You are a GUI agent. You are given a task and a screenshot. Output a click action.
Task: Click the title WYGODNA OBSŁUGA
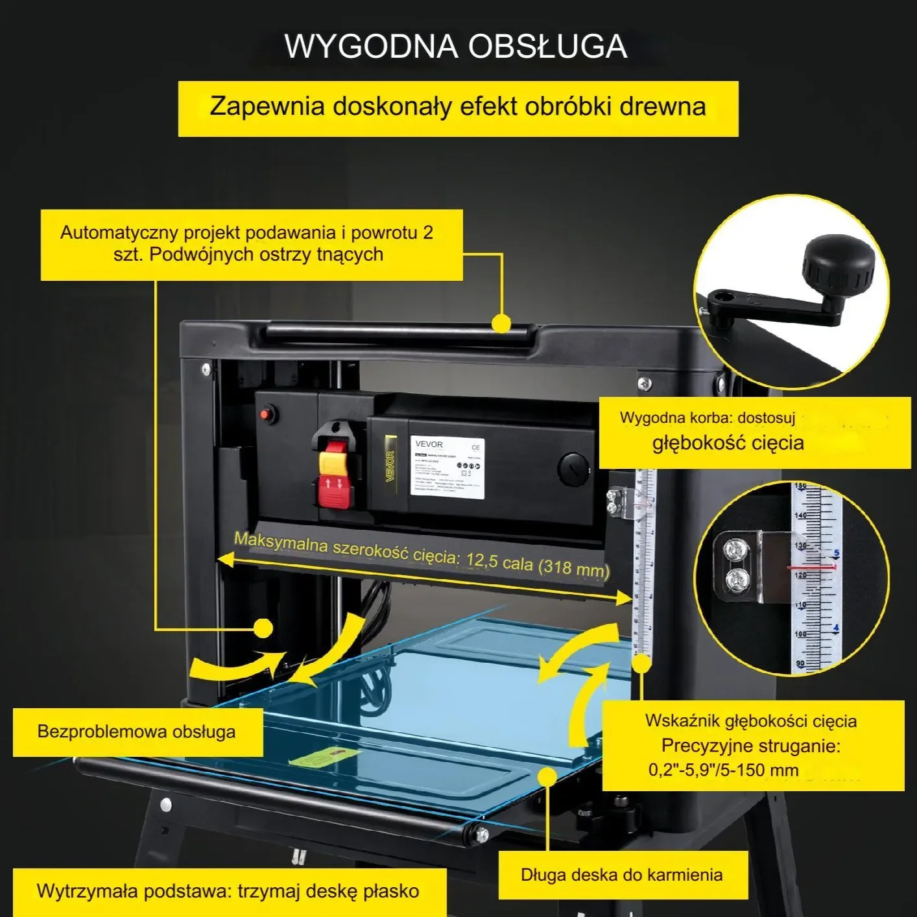456,46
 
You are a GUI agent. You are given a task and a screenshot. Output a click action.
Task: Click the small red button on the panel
266,414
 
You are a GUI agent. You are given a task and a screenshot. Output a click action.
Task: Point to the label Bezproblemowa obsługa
136,732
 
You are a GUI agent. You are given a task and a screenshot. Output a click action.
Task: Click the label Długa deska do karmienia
621,874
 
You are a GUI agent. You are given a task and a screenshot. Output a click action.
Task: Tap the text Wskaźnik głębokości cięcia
750,720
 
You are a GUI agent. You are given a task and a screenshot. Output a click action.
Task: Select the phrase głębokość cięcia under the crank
728,443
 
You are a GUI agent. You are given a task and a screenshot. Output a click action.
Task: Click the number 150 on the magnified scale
800,486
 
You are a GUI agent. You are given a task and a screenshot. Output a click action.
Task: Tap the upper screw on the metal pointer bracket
735,549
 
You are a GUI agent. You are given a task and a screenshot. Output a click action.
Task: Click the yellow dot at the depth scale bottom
641,663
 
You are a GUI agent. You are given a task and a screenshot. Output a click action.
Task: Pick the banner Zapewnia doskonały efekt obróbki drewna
458,107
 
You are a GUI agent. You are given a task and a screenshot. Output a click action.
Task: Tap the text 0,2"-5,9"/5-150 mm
723,770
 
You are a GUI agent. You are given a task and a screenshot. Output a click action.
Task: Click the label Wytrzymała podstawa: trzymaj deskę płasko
228,891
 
